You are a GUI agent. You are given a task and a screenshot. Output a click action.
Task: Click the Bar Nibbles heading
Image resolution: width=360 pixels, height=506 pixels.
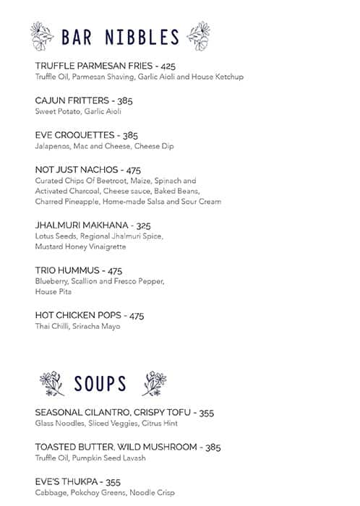(119, 37)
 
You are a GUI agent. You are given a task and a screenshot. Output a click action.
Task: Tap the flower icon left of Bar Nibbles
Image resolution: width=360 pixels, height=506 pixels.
(43, 35)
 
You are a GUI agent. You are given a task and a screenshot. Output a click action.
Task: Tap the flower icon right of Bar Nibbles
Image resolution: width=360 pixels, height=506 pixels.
(197, 35)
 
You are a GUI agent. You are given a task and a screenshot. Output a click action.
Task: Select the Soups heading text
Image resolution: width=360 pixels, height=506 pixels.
(100, 384)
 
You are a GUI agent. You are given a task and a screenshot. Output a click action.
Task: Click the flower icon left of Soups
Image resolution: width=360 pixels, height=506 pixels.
(52, 383)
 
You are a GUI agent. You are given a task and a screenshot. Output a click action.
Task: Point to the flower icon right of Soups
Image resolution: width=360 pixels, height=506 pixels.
(154, 383)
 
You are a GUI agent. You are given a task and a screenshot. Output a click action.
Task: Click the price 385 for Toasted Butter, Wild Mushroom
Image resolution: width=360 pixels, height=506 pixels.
(213, 447)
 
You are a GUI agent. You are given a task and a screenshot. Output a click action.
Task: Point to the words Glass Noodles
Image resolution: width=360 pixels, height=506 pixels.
(58, 424)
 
